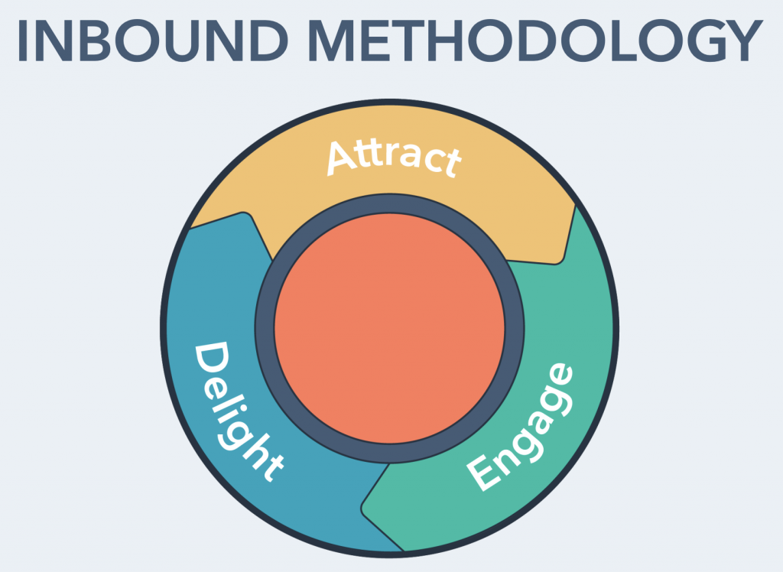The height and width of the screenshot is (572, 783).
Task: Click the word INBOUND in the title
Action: [x=152, y=41]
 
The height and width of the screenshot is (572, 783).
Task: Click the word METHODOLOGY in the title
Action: [x=536, y=41]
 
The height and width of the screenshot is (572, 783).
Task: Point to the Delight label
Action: [x=236, y=411]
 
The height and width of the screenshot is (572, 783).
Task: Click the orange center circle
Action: [x=389, y=328]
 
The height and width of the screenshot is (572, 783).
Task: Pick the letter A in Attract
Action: [x=343, y=158]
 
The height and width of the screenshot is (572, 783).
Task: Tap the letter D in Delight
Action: [x=211, y=359]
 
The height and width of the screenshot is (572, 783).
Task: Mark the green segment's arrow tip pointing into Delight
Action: [x=363, y=509]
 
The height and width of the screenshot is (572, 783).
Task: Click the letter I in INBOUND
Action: [x=23, y=41]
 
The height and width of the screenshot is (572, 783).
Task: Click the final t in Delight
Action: [x=272, y=468]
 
